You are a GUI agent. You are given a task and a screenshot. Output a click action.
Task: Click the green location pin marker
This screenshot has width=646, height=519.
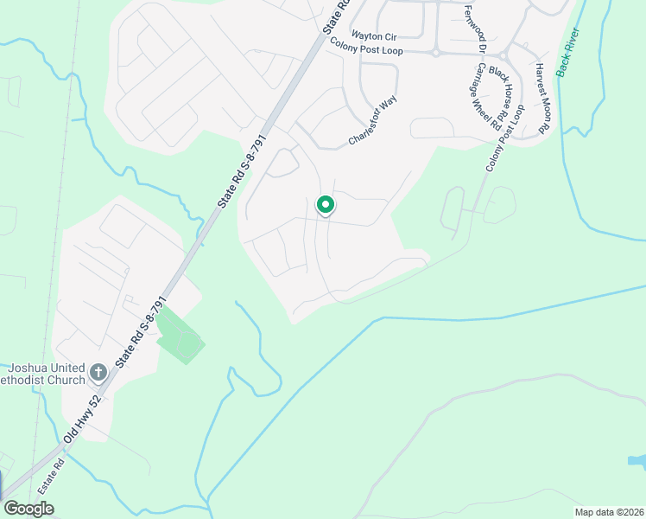[325, 205]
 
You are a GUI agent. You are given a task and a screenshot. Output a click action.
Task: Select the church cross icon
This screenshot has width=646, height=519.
[98, 373]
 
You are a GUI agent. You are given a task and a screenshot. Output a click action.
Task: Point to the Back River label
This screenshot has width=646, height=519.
[569, 53]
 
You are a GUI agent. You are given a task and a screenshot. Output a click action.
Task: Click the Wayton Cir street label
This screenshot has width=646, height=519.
[372, 35]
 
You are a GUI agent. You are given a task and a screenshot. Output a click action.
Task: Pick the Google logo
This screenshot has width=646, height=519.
[28, 509]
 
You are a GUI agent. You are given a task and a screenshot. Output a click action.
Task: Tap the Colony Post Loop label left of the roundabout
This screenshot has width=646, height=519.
[366, 51]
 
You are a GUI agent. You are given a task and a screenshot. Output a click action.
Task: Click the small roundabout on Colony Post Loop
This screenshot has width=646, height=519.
[436, 53]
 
